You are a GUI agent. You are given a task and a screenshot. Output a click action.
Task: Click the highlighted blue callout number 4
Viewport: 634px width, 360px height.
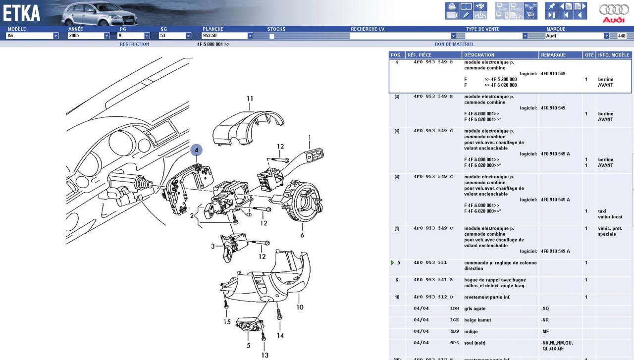coord(196,150)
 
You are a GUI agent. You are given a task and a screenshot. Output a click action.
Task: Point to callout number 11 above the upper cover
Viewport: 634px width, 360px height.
coord(250,99)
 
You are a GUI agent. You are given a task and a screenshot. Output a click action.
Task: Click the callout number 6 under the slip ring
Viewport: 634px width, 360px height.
coord(302,235)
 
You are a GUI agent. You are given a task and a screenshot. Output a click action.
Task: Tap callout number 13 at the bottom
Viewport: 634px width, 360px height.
coord(265,355)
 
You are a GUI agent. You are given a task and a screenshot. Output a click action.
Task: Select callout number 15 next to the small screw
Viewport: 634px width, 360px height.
coord(226,322)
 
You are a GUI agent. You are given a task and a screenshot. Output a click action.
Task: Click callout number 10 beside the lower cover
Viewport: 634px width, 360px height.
coord(300,307)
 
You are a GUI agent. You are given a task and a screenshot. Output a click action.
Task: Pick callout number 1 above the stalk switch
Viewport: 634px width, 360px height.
coord(310,137)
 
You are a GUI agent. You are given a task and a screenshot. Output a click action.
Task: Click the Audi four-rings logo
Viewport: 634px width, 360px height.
coord(614,10)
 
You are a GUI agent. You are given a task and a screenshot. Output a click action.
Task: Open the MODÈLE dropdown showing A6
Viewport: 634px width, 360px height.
coord(32,36)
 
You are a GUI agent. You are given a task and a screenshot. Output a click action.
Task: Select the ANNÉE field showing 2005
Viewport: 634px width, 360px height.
coord(88,36)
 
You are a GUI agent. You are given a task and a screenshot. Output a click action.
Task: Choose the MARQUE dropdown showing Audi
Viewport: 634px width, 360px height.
coord(577,36)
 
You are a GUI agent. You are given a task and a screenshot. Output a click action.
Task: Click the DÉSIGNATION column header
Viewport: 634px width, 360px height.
coord(479,55)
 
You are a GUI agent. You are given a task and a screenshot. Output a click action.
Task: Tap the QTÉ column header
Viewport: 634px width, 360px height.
coord(589,55)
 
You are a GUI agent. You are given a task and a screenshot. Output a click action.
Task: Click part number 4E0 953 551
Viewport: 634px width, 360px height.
coord(430,263)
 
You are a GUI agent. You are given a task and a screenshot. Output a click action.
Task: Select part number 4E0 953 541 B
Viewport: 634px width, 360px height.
coord(433,280)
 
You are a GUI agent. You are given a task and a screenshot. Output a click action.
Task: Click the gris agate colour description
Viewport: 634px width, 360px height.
coord(475,309)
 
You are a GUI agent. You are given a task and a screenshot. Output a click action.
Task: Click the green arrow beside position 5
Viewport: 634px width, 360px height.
coord(393,263)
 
